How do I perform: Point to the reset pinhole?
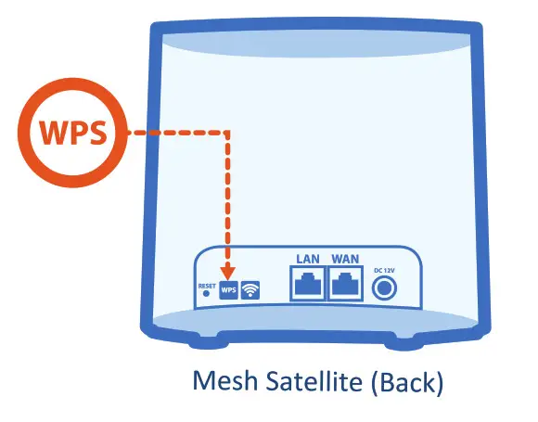coord(206,295)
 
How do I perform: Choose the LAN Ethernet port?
coord(306,284)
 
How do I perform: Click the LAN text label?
coord(306,259)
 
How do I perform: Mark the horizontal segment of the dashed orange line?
coord(176,134)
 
